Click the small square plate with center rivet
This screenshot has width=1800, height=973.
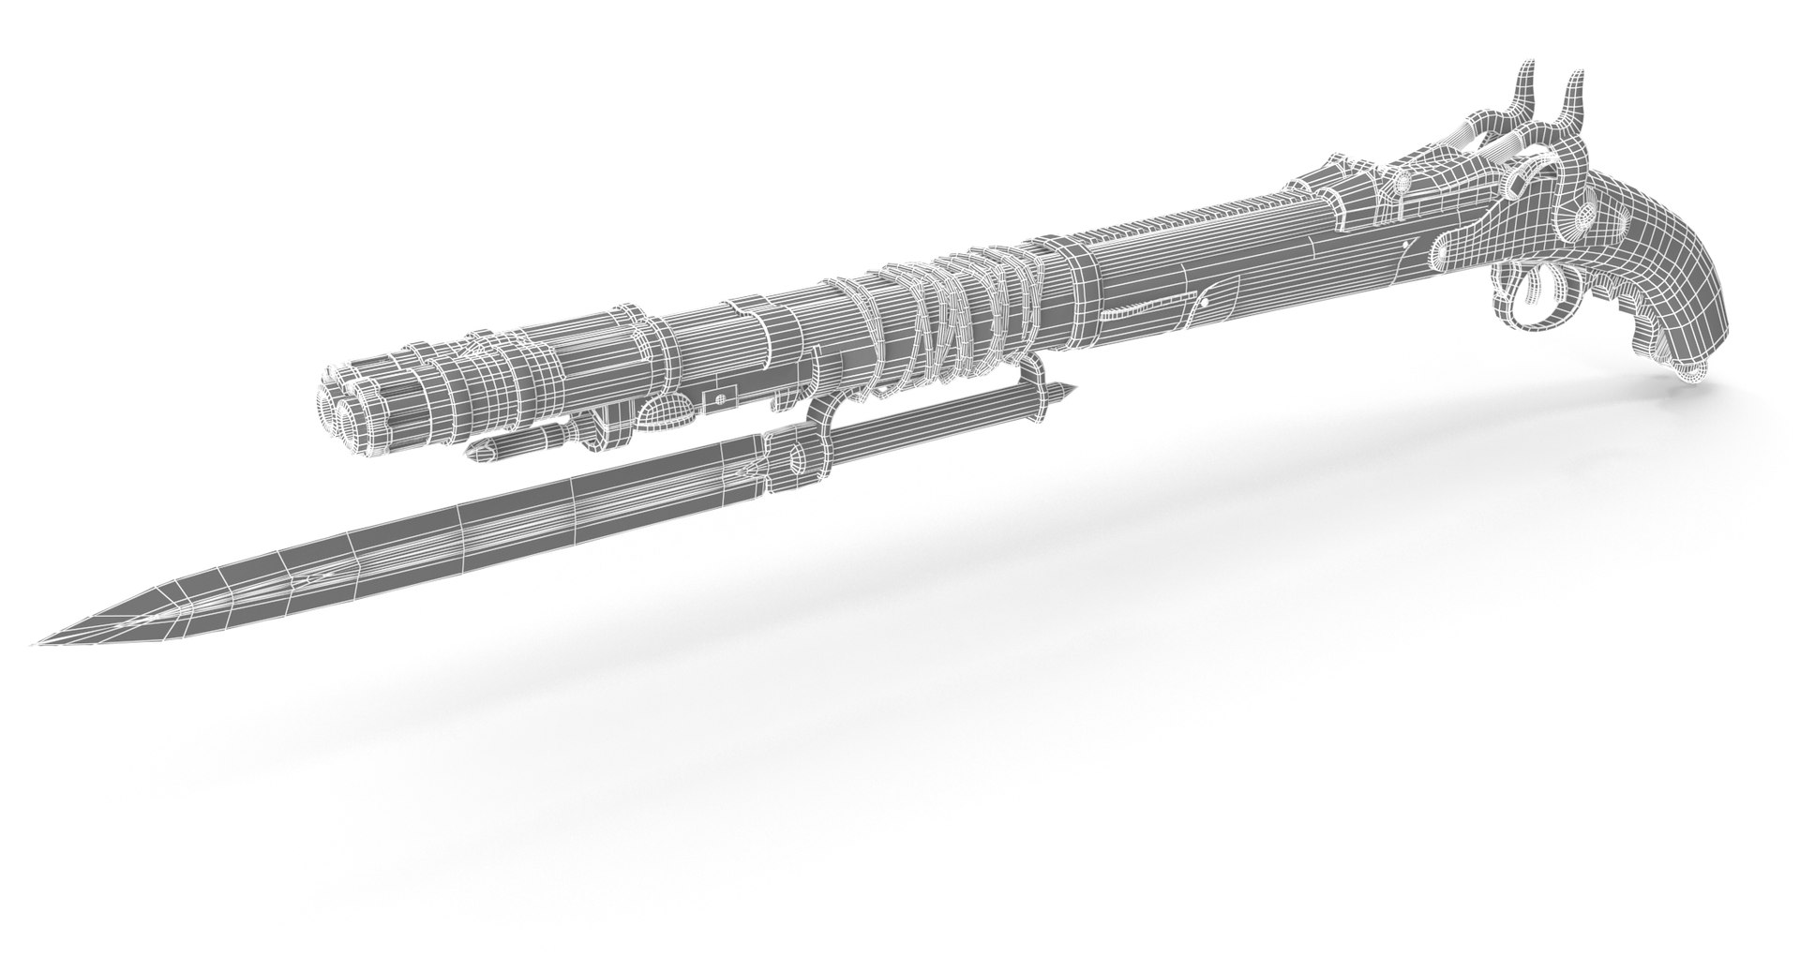(720, 399)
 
